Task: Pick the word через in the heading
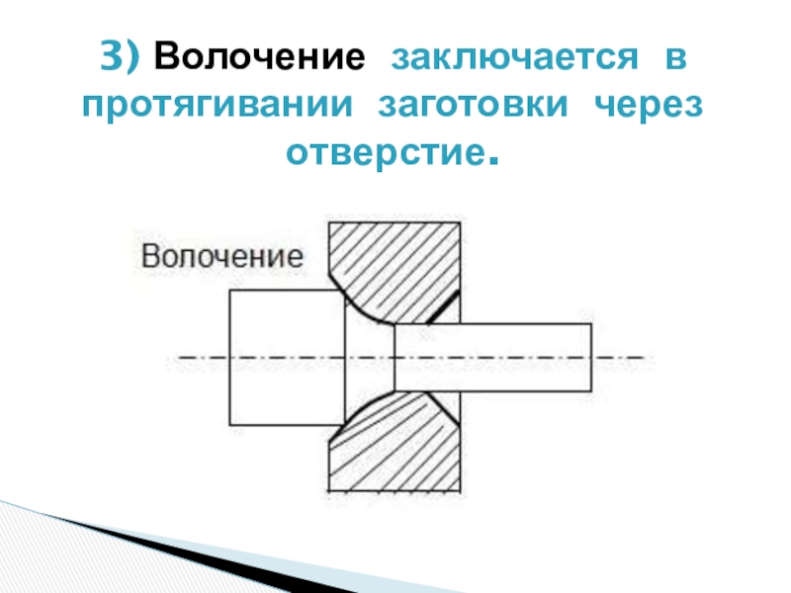point(649,106)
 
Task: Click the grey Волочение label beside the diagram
point(221,257)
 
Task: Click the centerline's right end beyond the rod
point(633,357)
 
